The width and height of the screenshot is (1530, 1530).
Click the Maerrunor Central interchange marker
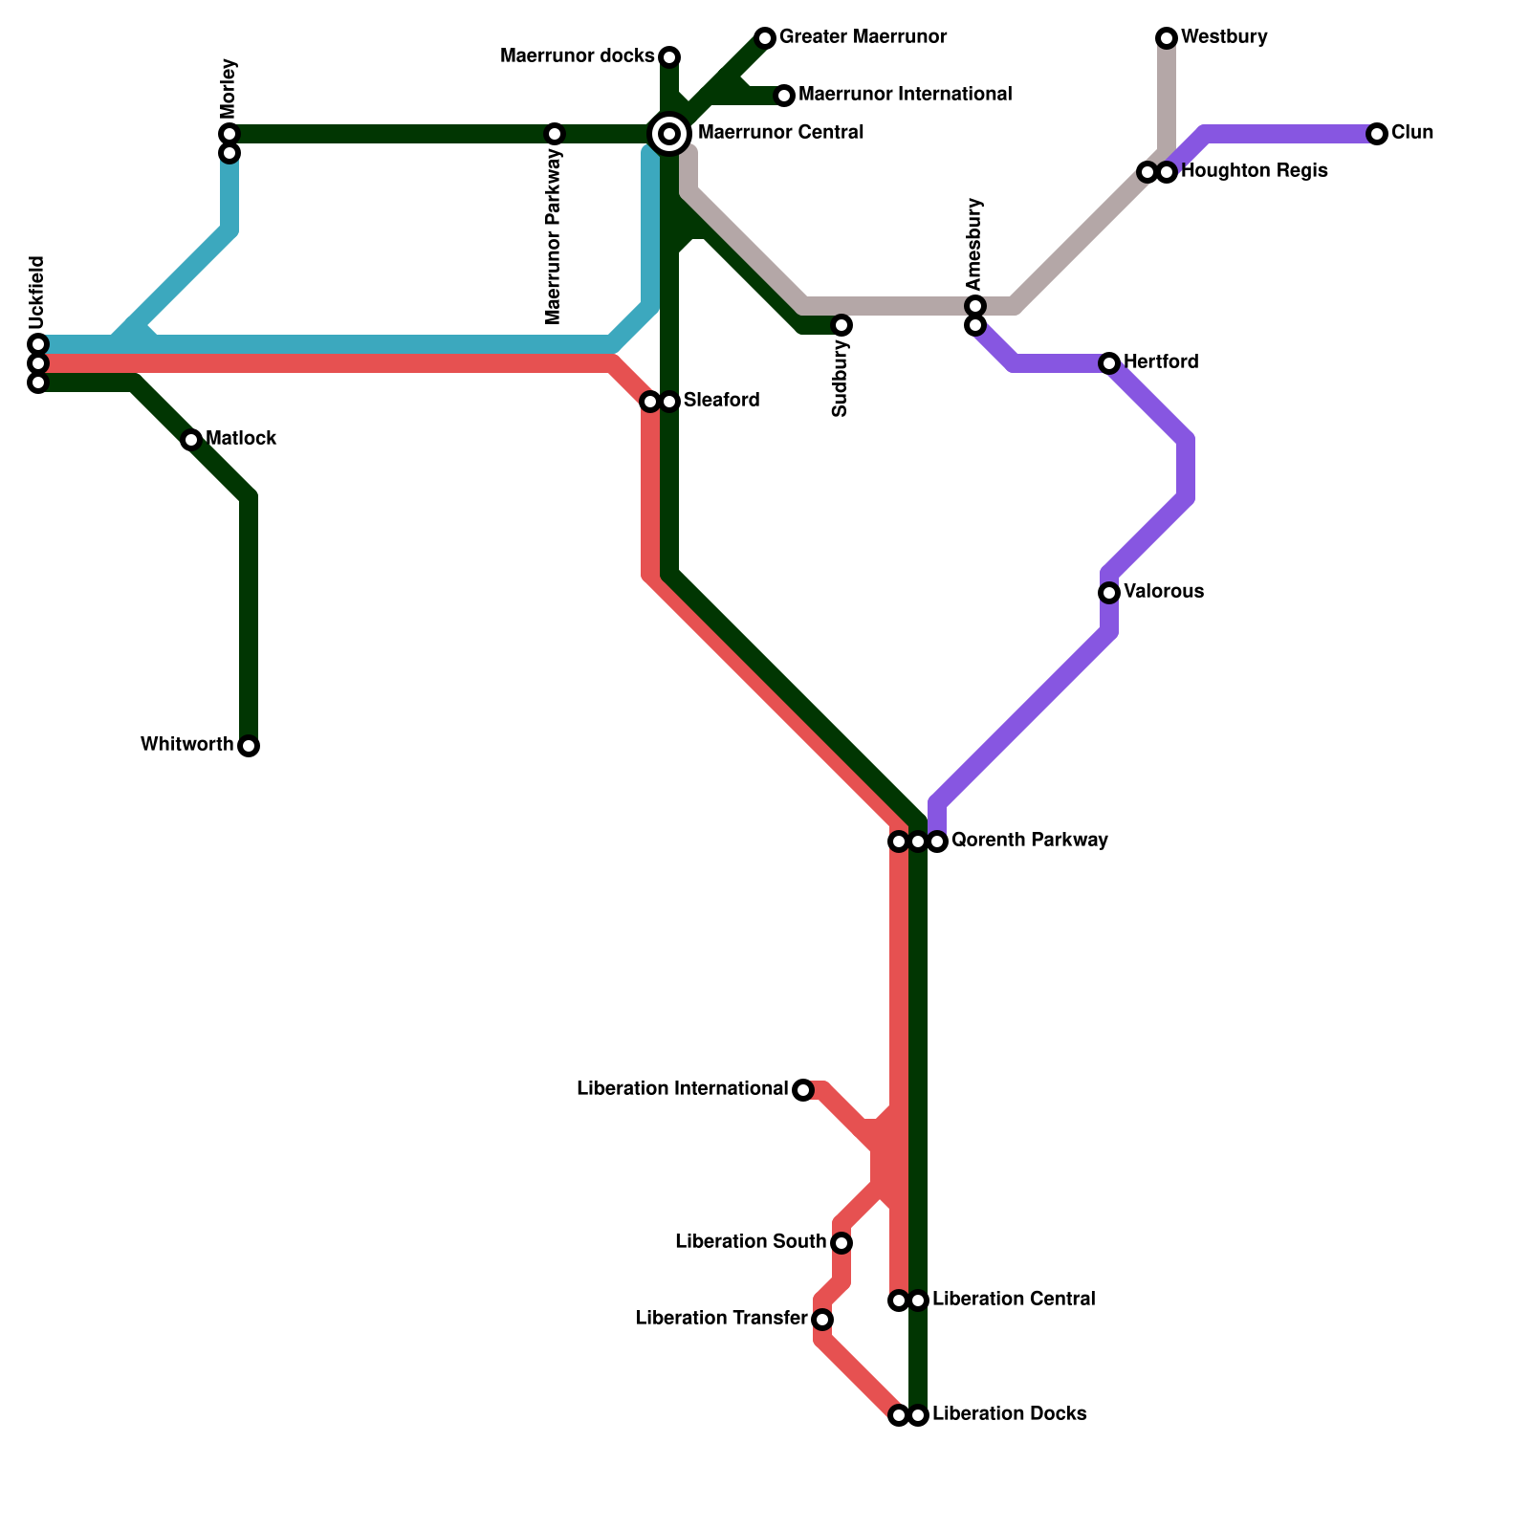[x=669, y=133]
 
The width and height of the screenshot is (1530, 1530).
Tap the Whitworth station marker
[x=249, y=746]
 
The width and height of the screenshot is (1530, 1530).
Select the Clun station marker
[x=1376, y=134]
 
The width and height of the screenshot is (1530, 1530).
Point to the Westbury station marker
[x=1166, y=38]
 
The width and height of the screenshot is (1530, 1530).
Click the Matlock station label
[x=241, y=439]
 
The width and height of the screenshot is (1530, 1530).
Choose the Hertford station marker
[x=1109, y=363]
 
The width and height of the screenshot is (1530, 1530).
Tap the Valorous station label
[x=1163, y=592]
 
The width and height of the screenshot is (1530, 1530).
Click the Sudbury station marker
[x=841, y=325]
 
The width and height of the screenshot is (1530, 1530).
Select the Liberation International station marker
[x=803, y=1090]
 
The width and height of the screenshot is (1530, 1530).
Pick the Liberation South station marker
[x=841, y=1243]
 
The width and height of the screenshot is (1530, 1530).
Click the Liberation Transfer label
[x=721, y=1319]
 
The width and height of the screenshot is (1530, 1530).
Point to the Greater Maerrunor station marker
[x=764, y=38]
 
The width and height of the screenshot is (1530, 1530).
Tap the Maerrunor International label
[x=905, y=95]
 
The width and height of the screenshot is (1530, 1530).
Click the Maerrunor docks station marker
[x=669, y=56]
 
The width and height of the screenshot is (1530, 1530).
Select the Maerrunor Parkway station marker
[x=555, y=134]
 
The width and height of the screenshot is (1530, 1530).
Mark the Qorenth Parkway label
[x=1030, y=841]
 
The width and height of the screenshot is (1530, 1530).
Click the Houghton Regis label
[x=1254, y=171]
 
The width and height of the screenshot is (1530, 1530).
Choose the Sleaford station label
[x=721, y=401]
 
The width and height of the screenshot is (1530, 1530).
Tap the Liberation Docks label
[x=1009, y=1414]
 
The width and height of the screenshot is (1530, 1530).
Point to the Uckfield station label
[x=36, y=292]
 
